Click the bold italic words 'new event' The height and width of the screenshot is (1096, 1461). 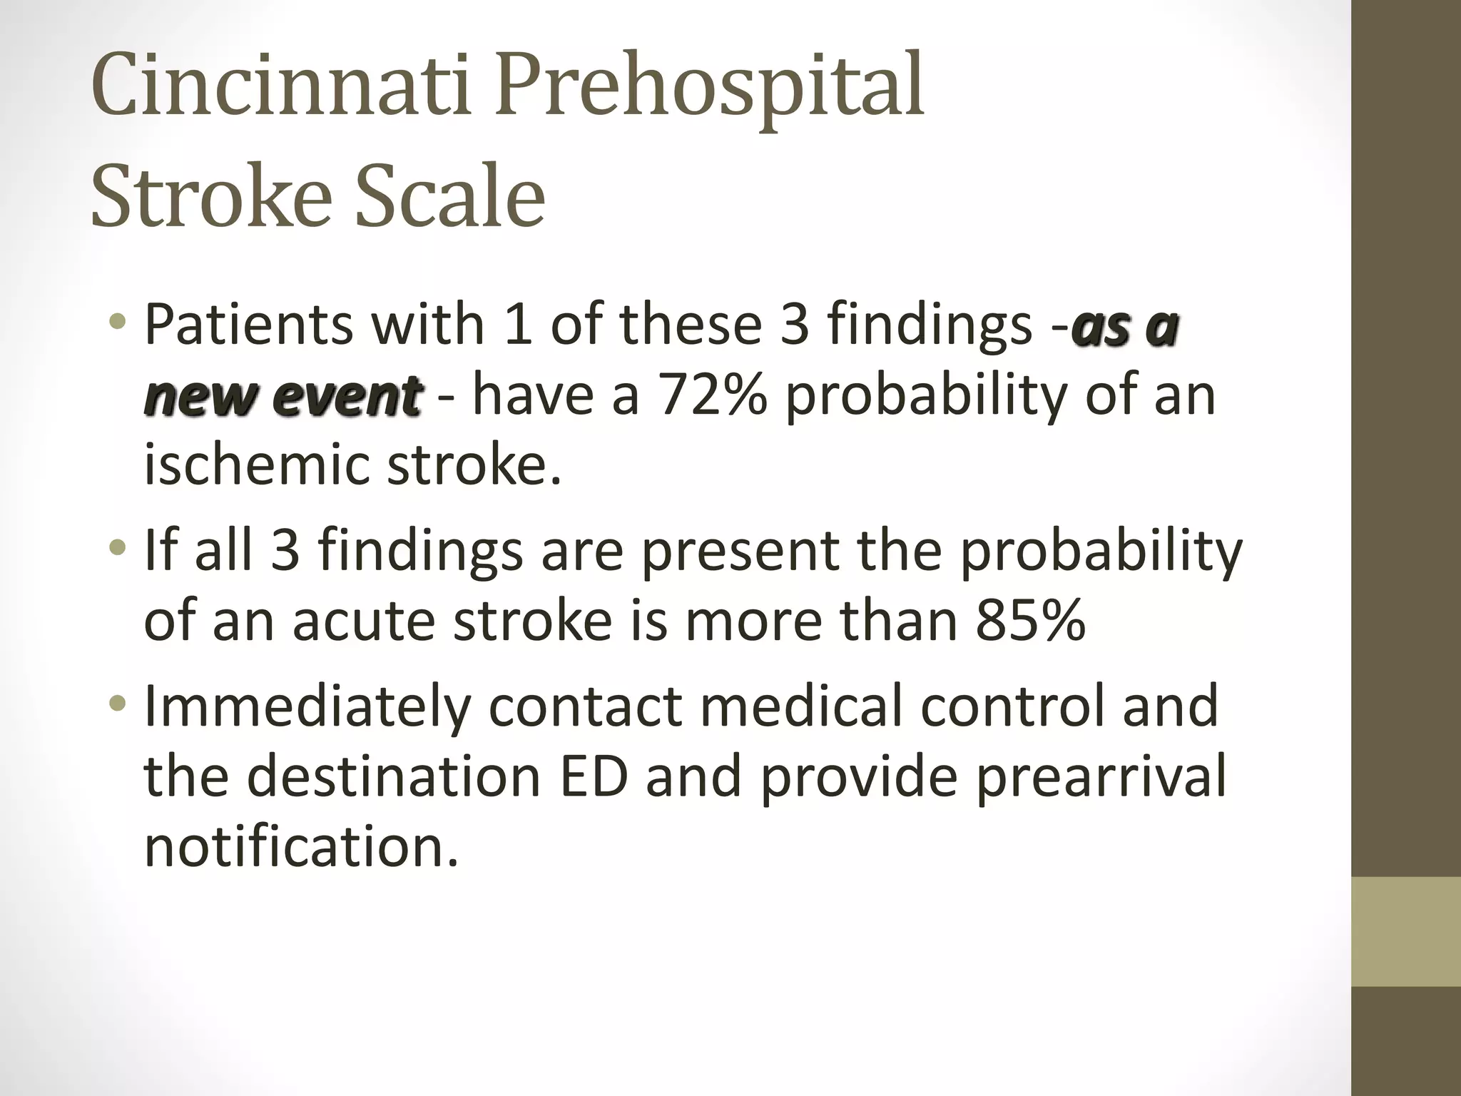point(282,396)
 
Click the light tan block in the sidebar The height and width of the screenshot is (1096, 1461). point(1406,931)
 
